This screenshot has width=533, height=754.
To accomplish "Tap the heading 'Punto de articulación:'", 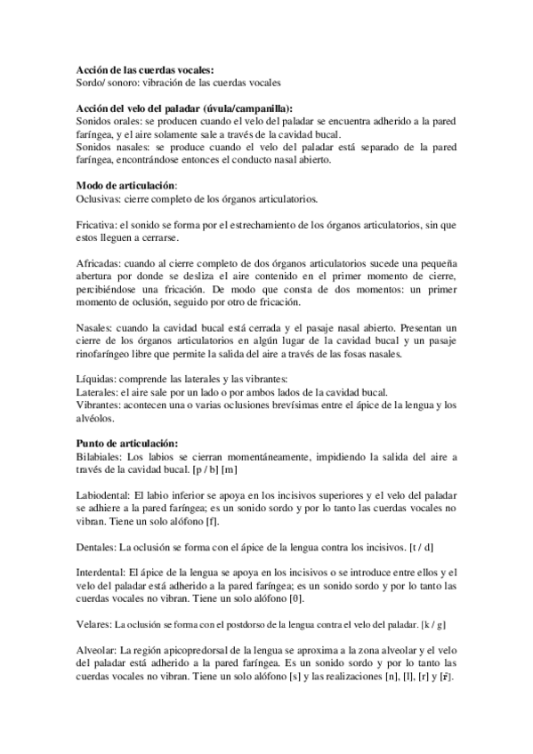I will point(127,443).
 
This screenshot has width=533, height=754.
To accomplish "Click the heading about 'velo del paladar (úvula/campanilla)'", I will point(185,108).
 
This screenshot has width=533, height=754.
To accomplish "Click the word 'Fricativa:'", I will point(98,227).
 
